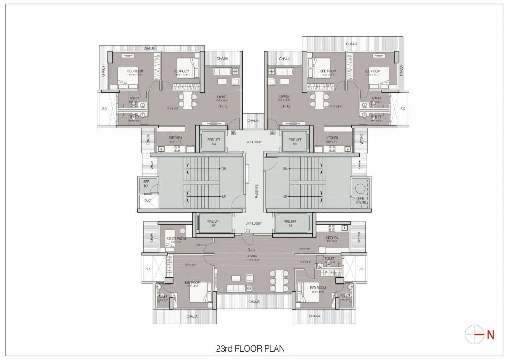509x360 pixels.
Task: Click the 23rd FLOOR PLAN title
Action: pos(250,348)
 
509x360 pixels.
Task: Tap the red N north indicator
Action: pos(490,335)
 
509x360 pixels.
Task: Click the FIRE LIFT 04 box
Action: pos(295,142)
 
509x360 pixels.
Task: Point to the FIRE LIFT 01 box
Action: pos(291,223)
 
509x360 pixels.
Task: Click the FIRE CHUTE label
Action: pos(361,201)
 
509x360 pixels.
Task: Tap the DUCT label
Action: pos(148,200)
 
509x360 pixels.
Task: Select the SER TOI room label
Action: pos(146,184)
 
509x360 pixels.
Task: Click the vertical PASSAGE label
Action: pos(256,191)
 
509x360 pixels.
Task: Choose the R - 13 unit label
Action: pos(286,106)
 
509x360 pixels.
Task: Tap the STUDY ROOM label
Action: pos(176,239)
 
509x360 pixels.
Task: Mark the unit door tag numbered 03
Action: pos(233,133)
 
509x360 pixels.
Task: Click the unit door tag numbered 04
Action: pos(273,133)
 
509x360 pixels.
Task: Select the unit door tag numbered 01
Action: pos(247,231)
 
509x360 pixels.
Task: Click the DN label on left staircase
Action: pos(224,168)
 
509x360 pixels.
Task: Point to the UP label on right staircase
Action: pos(285,197)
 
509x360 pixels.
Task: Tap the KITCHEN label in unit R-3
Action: pos(332,238)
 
